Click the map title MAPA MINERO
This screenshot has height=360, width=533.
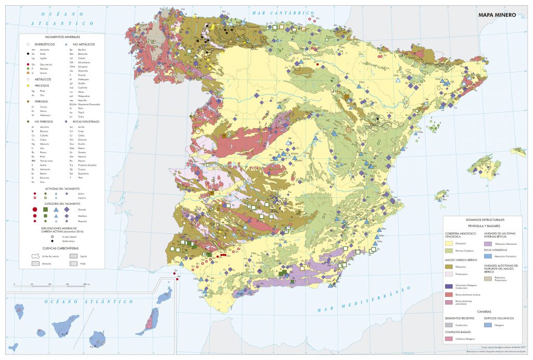tap(497, 15)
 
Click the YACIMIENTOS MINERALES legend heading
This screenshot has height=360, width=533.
tap(62, 38)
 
